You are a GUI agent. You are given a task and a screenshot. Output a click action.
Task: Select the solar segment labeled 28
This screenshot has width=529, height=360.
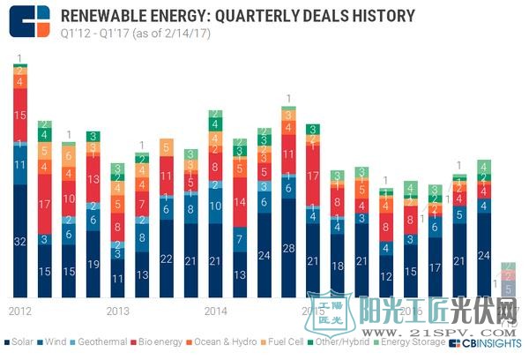[x=287, y=248]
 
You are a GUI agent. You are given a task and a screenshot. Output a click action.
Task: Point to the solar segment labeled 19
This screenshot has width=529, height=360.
[x=93, y=264]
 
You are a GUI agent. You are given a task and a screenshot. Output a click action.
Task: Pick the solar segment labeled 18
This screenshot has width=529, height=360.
[x=336, y=265]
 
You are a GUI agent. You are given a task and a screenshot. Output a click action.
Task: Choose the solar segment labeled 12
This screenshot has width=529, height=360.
[x=384, y=275]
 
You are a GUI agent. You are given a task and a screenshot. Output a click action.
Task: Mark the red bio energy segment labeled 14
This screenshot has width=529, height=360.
[x=239, y=202]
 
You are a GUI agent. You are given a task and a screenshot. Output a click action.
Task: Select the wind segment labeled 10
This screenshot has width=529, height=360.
[x=214, y=206]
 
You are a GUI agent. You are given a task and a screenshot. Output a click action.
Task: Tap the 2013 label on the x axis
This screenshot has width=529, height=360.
[x=118, y=311]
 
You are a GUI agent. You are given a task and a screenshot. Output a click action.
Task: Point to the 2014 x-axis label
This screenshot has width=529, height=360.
[x=215, y=311]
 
